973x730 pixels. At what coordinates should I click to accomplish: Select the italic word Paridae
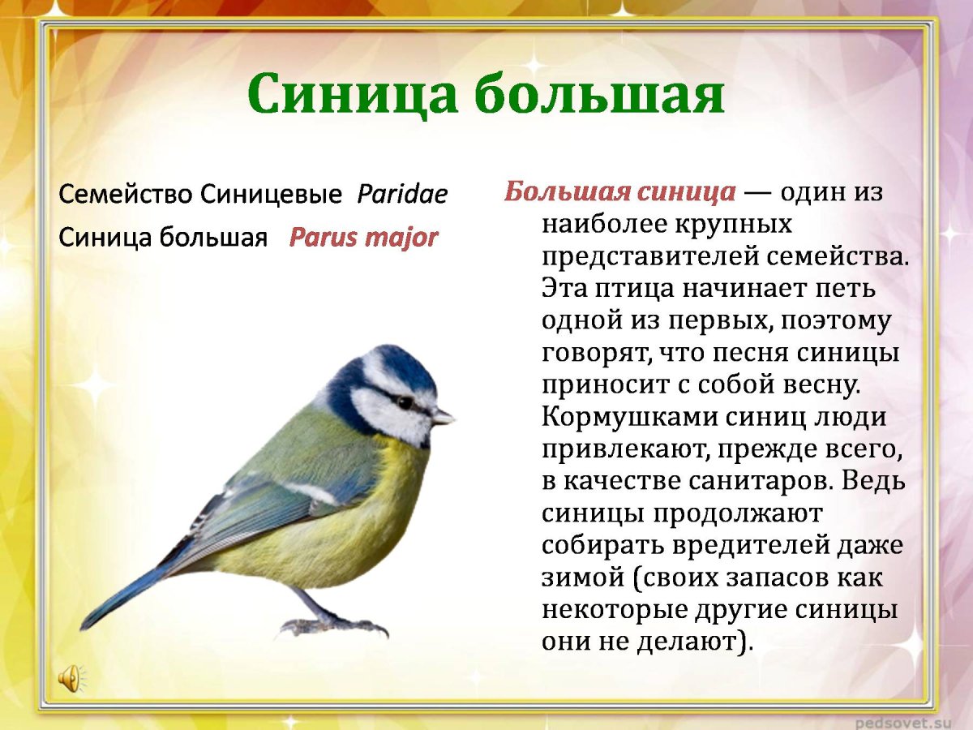pyautogui.click(x=402, y=195)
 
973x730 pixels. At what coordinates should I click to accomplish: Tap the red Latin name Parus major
pyautogui.click(x=363, y=238)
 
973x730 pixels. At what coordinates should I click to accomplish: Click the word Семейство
pyautogui.click(x=126, y=195)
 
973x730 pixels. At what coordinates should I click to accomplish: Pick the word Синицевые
pyautogui.click(x=271, y=195)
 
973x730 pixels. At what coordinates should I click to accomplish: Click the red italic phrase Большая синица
pyautogui.click(x=619, y=192)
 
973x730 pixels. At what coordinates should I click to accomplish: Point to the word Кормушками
pyautogui.click(x=624, y=417)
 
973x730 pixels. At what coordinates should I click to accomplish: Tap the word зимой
pyautogui.click(x=577, y=577)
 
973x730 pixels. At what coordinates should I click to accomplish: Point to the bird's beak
pyautogui.click(x=442, y=417)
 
